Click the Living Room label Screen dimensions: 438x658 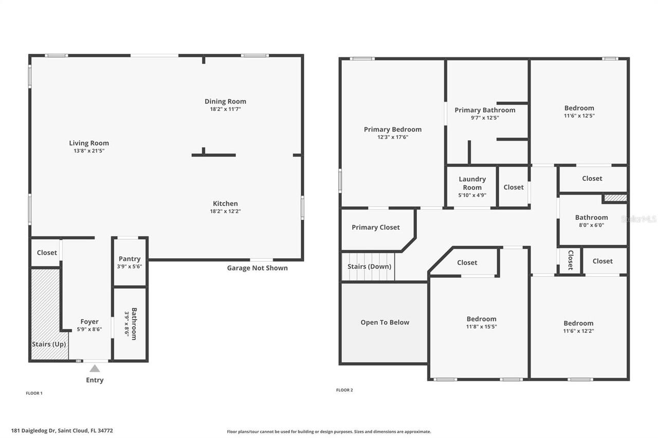pyautogui.click(x=89, y=143)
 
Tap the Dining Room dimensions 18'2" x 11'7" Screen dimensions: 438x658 pyautogui.click(x=225, y=109)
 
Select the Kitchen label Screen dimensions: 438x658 pyautogui.click(x=225, y=203)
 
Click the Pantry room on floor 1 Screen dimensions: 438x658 pyautogui.click(x=130, y=262)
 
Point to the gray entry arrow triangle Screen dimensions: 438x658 pyautogui.click(x=95, y=368)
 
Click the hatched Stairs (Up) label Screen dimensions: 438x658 pyautogui.click(x=49, y=344)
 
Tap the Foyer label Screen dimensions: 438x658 pyautogui.click(x=89, y=322)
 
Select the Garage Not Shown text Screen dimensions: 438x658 pyautogui.click(x=257, y=268)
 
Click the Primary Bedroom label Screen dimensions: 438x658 pyautogui.click(x=392, y=129)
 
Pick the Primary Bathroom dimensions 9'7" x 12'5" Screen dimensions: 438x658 pyautogui.click(x=485, y=118)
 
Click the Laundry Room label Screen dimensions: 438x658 pyautogui.click(x=472, y=183)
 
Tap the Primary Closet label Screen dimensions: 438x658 pyautogui.click(x=375, y=227)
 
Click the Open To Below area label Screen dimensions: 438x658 pyautogui.click(x=385, y=322)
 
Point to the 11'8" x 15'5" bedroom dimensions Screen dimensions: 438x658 pyautogui.click(x=481, y=327)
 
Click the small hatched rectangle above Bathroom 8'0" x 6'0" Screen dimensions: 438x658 pyautogui.click(x=615, y=198)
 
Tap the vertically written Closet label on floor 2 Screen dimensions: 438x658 pyautogui.click(x=570, y=260)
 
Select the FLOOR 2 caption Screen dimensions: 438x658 pyautogui.click(x=344, y=390)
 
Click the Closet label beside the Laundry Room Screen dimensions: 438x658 pyautogui.click(x=513, y=187)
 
